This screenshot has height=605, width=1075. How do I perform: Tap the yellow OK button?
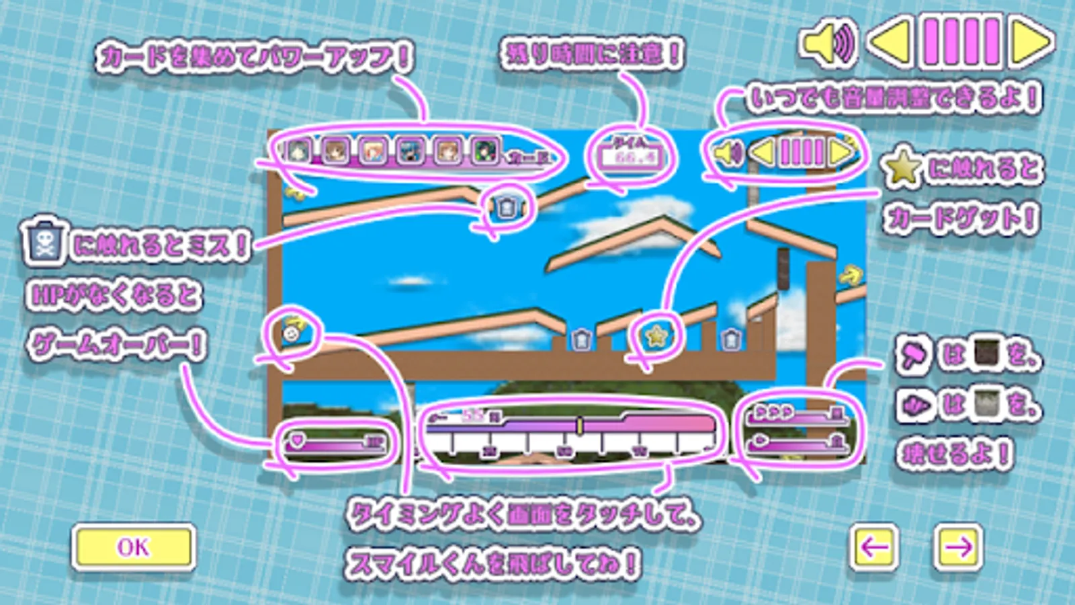point(134,547)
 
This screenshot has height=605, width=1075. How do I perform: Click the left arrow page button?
point(873,547)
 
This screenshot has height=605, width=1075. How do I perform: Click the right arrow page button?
point(958,547)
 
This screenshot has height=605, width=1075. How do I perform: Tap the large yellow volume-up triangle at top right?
point(1031,42)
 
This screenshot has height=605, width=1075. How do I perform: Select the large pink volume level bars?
point(961,42)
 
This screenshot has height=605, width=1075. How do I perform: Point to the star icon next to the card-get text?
point(902,168)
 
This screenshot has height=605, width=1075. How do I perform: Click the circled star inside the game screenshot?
point(655,334)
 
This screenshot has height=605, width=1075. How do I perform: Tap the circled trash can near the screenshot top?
point(507,208)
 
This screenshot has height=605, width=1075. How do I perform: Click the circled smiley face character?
point(292,332)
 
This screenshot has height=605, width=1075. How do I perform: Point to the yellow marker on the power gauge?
point(579,425)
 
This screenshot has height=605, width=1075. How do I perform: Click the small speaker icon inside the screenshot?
point(727,153)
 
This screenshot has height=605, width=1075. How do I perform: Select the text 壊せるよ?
point(954,454)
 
